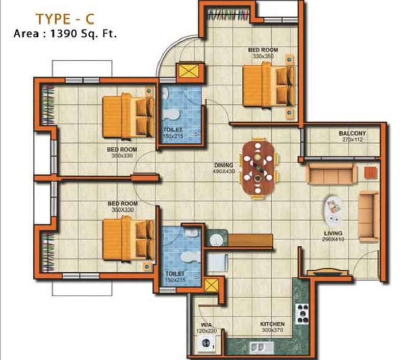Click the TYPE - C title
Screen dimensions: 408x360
65,19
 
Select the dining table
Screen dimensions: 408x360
258,168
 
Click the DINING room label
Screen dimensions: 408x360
223,165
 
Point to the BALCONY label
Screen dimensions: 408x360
352,133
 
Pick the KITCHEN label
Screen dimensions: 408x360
272,324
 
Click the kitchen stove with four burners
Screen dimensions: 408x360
302,314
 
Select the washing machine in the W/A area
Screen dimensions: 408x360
207,343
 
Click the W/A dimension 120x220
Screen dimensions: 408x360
207,330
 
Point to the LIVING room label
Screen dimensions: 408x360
333,233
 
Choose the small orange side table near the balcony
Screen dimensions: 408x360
371,173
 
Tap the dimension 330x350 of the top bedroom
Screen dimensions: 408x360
263,56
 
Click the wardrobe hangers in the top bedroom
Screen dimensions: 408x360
228,14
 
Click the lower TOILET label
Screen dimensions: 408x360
175,274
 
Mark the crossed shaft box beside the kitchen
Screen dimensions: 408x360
211,286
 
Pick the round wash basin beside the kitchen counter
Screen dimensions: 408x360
216,240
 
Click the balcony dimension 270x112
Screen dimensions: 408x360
352,139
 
